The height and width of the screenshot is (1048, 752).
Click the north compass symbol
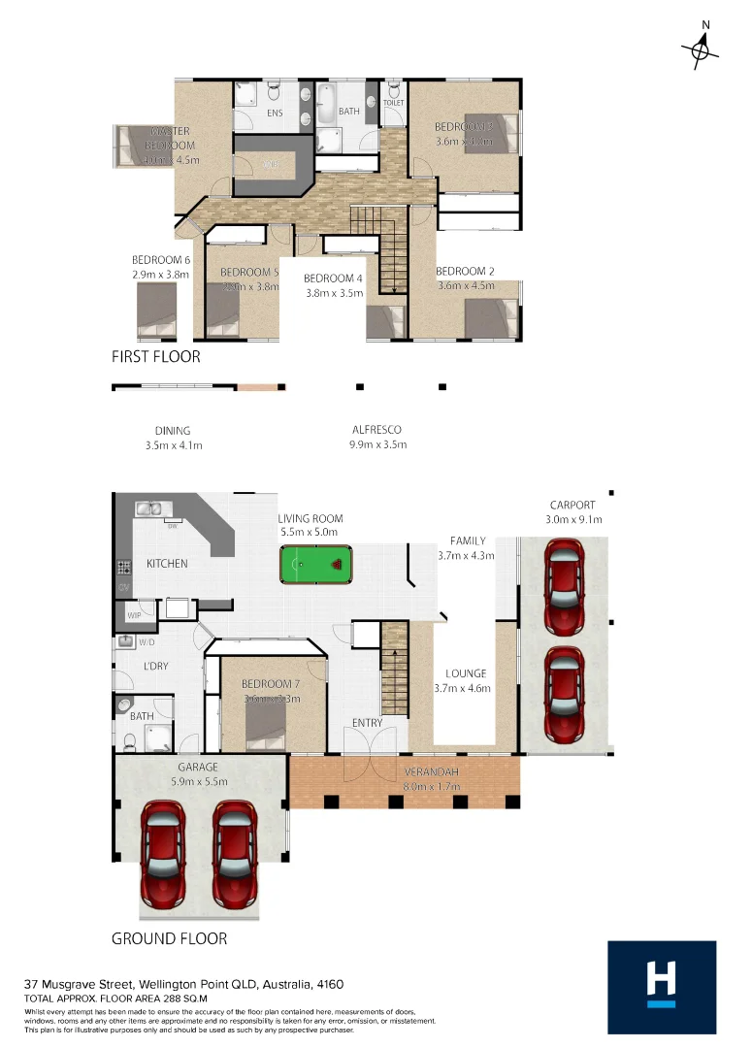[x=700, y=49]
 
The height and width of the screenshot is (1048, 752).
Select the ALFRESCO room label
[x=376, y=430]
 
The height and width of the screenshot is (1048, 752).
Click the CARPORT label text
[x=572, y=505]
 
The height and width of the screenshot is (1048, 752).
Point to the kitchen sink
[x=149, y=508]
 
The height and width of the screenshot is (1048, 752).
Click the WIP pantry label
[x=133, y=613]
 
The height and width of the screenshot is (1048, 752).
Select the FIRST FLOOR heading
[x=156, y=357]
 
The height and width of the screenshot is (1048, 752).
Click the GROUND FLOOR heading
[x=169, y=938]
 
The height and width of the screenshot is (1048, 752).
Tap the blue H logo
[x=662, y=985]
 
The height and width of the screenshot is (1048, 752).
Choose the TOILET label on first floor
[x=394, y=102]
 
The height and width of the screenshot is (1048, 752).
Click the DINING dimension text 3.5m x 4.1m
[x=173, y=445]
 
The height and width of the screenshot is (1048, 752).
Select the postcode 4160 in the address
[x=330, y=984]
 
